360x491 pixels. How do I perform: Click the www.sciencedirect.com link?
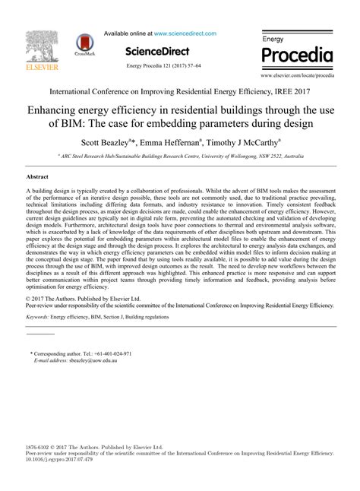tap(185, 33)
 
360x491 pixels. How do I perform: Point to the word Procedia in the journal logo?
tap(297, 56)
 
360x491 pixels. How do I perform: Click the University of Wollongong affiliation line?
tap(179, 155)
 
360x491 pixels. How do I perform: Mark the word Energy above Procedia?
tap(273, 38)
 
